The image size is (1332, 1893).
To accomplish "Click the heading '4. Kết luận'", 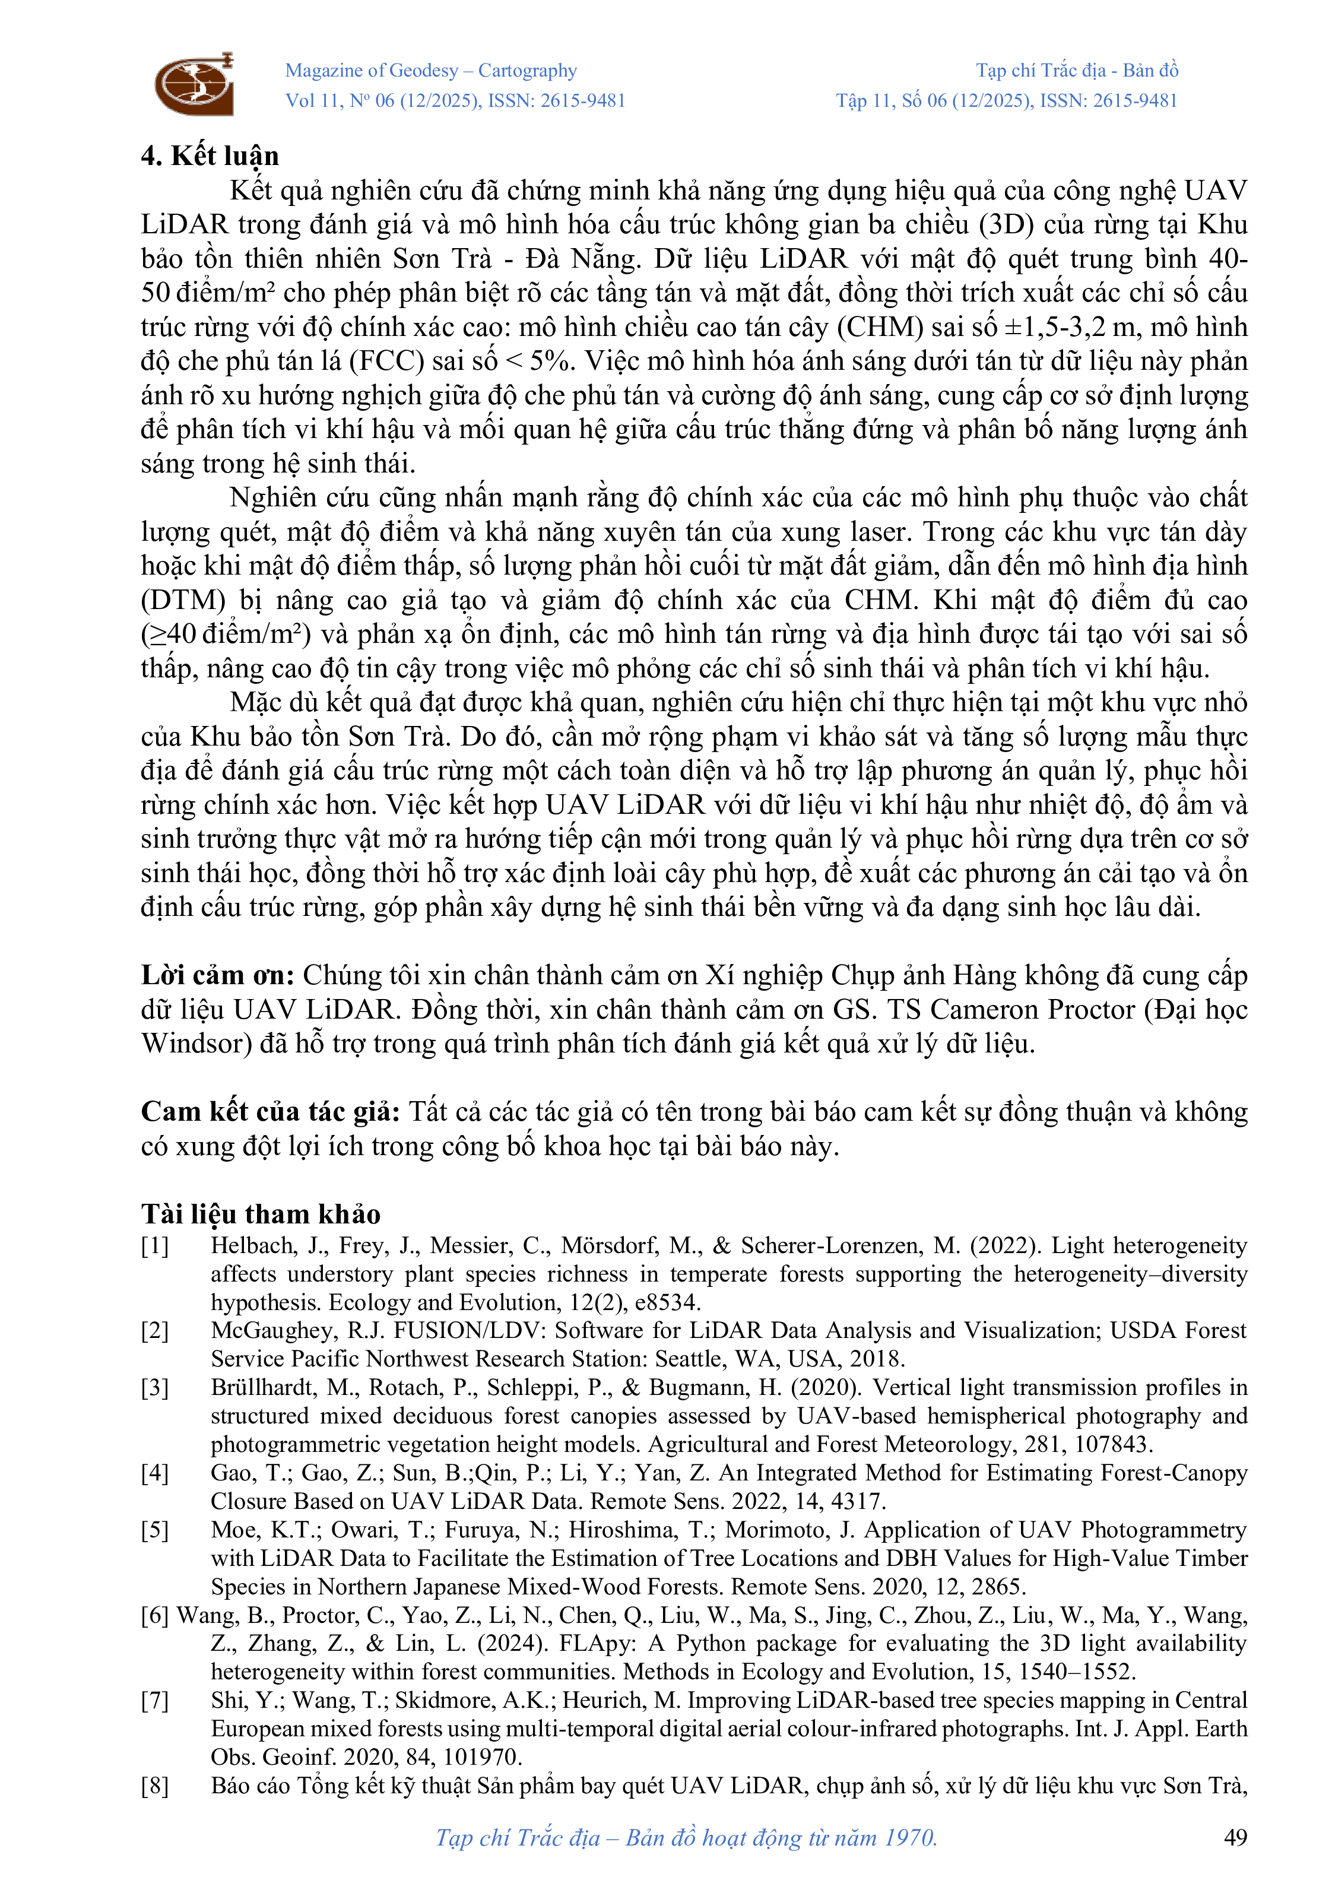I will (210, 156).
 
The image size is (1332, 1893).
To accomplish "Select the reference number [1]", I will (154, 1246).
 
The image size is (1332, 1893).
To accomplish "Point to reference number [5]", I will (154, 1530).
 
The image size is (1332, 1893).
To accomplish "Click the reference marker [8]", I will (154, 1786).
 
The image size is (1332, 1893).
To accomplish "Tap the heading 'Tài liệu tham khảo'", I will (261, 1214).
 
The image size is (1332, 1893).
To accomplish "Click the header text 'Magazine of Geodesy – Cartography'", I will (430, 71).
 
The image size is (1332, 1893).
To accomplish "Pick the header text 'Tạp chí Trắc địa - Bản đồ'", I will (1077, 71).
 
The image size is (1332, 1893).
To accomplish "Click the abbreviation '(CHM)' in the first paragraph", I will (880, 327).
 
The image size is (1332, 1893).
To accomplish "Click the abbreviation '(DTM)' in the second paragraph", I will (183, 600).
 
